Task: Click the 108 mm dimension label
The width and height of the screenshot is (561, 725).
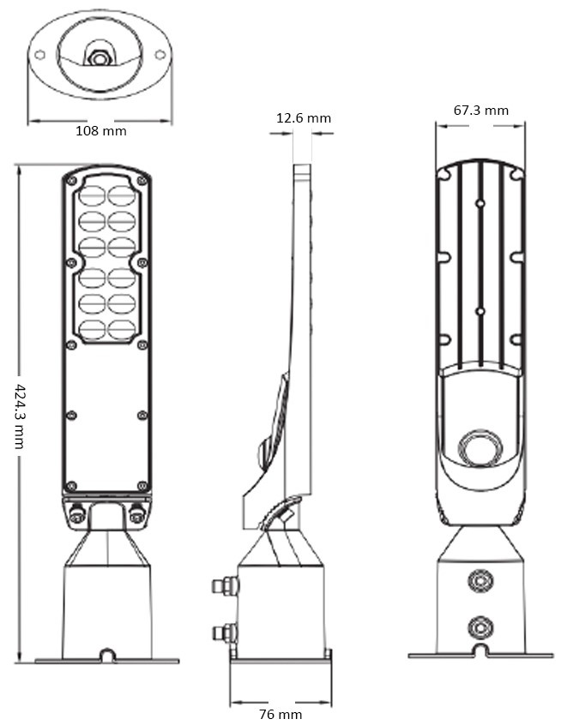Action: click(x=101, y=131)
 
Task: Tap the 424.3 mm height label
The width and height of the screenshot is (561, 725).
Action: click(x=20, y=416)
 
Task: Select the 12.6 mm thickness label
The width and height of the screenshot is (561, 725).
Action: click(x=304, y=118)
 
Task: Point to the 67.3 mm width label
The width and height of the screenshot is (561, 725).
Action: click(x=481, y=110)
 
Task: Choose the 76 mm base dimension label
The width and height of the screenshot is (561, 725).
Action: click(x=280, y=715)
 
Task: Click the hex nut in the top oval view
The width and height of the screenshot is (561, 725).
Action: click(x=98, y=58)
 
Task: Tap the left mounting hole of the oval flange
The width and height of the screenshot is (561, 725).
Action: click(x=39, y=55)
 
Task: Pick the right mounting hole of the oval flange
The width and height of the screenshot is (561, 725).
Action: click(x=160, y=55)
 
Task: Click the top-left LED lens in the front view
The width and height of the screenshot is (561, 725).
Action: click(x=92, y=196)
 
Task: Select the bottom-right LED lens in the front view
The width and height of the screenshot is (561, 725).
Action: click(x=121, y=330)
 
